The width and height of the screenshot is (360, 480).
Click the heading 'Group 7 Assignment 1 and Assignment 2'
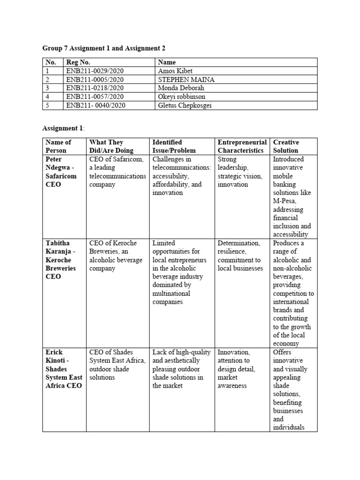pos(104,48)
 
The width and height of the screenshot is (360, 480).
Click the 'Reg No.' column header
pos(78,62)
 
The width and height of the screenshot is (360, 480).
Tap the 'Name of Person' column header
pos(59,146)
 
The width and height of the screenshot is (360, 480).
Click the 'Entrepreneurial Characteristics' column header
pos(242,146)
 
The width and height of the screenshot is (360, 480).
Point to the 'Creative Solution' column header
pos(286,146)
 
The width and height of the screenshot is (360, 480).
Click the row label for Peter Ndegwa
pos(61,172)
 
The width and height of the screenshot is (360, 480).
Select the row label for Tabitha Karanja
pos(61,260)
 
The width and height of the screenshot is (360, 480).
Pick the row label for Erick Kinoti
pos(62,369)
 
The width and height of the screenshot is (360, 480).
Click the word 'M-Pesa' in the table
pos(284,201)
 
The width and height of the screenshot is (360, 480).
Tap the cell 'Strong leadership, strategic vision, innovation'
pos(240,172)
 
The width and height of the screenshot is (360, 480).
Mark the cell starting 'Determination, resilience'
pos(240,255)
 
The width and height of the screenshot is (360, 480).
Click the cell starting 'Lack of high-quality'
pos(181,369)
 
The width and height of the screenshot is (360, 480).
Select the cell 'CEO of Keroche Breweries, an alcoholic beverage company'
pos(116,255)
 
